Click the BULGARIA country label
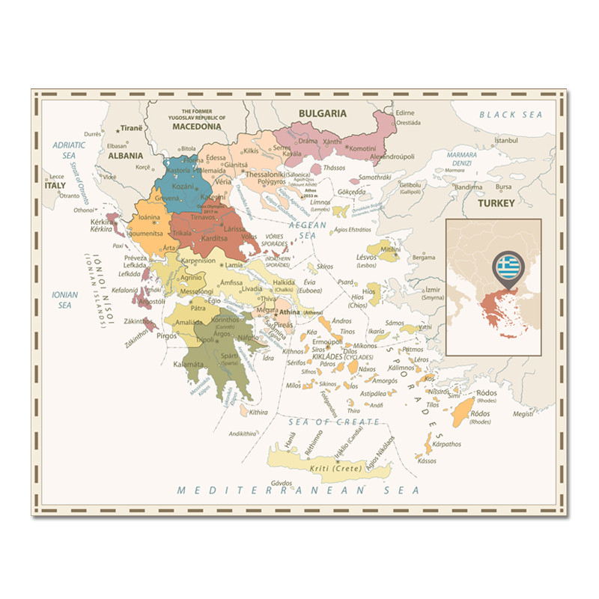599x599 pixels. click(x=323, y=113)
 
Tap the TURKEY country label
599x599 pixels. click(x=497, y=203)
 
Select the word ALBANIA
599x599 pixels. click(x=125, y=156)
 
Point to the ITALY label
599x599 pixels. click(x=55, y=185)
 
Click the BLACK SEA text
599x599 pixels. click(x=511, y=115)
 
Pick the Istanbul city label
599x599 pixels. click(x=506, y=140)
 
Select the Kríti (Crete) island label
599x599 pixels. click(x=335, y=469)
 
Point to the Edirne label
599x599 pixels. click(x=405, y=112)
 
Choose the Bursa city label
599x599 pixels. click(x=504, y=186)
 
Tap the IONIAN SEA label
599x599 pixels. click(x=65, y=299)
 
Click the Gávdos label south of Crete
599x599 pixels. click(x=282, y=483)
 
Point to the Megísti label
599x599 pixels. click(x=523, y=413)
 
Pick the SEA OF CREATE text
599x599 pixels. click(x=325, y=422)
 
